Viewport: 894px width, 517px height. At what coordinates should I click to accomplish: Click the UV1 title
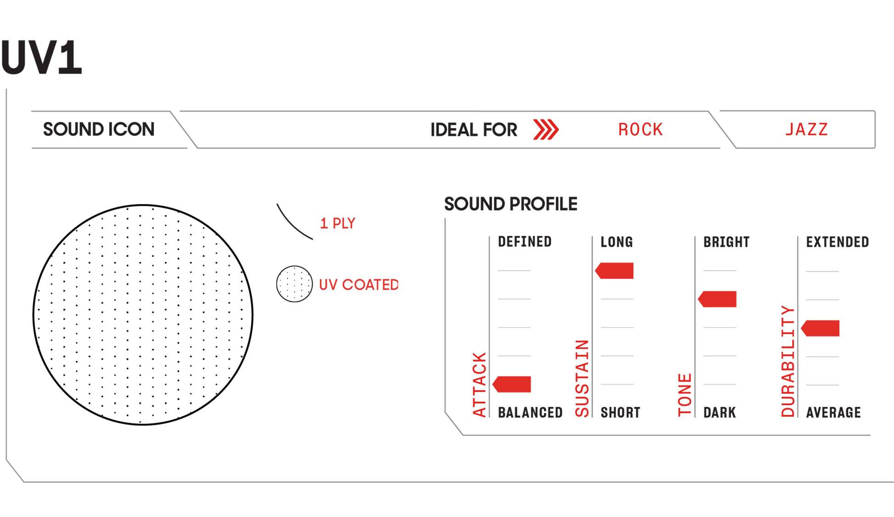[x=41, y=57]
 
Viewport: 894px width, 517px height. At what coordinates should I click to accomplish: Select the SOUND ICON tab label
[x=99, y=129]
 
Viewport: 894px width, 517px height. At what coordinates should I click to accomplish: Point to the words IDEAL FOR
[x=474, y=130]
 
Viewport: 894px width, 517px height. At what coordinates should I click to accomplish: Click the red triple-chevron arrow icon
[x=546, y=129]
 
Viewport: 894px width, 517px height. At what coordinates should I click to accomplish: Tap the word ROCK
[x=640, y=130]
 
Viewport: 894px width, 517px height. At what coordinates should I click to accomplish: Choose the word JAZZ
[x=807, y=129]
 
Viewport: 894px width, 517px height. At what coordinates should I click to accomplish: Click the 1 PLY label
[x=338, y=223]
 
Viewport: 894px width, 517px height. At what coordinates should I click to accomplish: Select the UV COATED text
[x=359, y=285]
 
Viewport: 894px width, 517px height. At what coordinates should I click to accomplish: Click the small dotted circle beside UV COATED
[x=294, y=284]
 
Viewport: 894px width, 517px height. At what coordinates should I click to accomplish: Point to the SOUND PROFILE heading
[x=510, y=204]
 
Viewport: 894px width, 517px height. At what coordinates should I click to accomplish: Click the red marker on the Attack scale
[x=513, y=384]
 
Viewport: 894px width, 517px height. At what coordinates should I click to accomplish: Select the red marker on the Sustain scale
[x=615, y=270]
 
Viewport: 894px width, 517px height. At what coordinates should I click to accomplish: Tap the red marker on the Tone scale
[x=718, y=299]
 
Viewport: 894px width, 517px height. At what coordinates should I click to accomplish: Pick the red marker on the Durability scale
[x=821, y=328]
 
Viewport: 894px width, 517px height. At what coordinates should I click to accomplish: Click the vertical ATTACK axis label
[x=479, y=385]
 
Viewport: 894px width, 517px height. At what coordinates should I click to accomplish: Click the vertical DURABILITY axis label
[x=788, y=362]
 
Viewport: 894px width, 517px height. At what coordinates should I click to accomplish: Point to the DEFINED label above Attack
[x=525, y=242]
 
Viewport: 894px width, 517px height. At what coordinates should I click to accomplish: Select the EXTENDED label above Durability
[x=837, y=242]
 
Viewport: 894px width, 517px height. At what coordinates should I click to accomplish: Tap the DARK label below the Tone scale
[x=719, y=413]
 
